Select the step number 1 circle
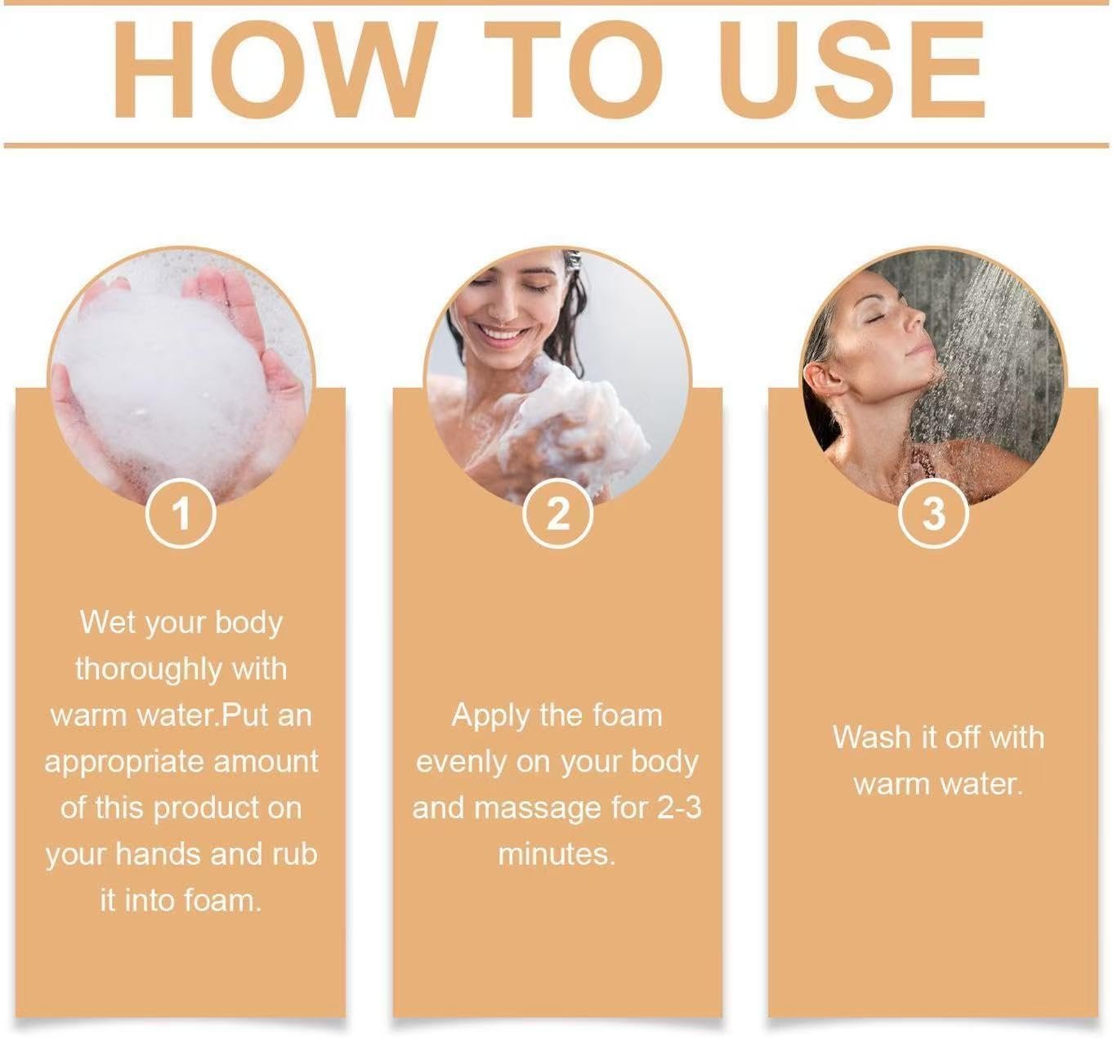(181, 515)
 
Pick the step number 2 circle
(557, 515)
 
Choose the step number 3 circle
(933, 515)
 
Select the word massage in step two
(535, 809)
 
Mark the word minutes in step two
(556, 855)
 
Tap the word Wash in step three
(871, 737)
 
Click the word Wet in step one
(106, 623)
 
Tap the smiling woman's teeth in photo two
(500, 332)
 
